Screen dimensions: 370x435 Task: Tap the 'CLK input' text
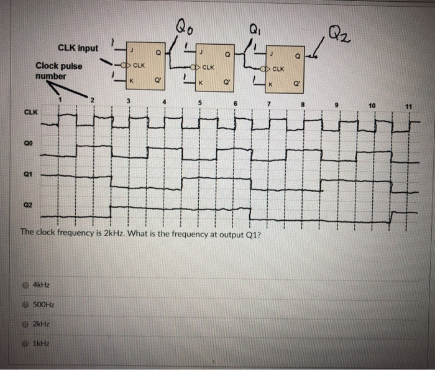78,47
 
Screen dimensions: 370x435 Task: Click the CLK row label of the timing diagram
29,113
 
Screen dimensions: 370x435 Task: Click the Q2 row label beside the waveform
27,203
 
